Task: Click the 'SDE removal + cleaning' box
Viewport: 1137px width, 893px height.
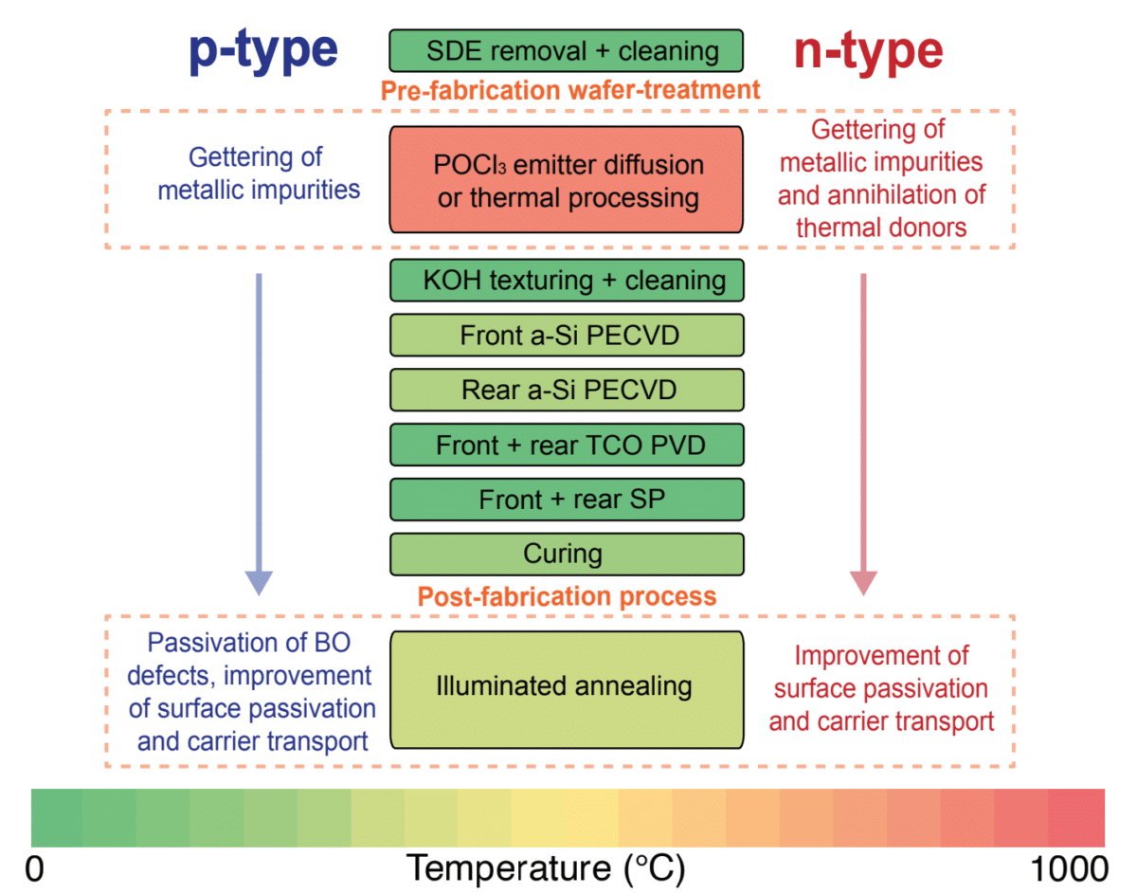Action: pyautogui.click(x=567, y=51)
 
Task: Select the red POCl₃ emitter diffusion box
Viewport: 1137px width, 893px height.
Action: pyautogui.click(x=567, y=179)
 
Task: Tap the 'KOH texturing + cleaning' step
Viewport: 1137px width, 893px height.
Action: pyautogui.click(x=567, y=281)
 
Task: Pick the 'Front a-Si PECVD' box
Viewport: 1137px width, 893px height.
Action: pyautogui.click(x=567, y=336)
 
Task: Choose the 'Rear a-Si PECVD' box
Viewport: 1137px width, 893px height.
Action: pyautogui.click(x=567, y=391)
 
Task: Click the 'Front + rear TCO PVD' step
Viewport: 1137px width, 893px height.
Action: pyautogui.click(x=567, y=446)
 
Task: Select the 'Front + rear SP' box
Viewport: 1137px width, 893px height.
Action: pyautogui.click(x=567, y=500)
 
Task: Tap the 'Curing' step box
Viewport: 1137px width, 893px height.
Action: pyautogui.click(x=567, y=555)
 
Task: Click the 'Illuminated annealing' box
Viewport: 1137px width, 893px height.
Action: pyautogui.click(x=567, y=690)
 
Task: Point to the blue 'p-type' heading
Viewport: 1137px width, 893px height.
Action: pyautogui.click(x=263, y=52)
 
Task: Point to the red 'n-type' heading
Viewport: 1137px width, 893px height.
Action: pyautogui.click(x=869, y=52)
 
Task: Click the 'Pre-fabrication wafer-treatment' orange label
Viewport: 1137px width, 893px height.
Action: pyautogui.click(x=570, y=91)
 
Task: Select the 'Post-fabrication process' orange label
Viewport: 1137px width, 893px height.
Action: pyautogui.click(x=567, y=596)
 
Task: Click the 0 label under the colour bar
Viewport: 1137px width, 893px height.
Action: pyautogui.click(x=34, y=869)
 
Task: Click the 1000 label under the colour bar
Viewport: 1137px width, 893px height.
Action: pyautogui.click(x=1070, y=869)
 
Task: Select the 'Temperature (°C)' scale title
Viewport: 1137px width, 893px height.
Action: pyautogui.click(x=546, y=869)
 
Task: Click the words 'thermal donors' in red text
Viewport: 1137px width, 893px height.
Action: pyautogui.click(x=881, y=228)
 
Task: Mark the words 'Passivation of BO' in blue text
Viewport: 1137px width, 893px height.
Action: pyautogui.click(x=249, y=643)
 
